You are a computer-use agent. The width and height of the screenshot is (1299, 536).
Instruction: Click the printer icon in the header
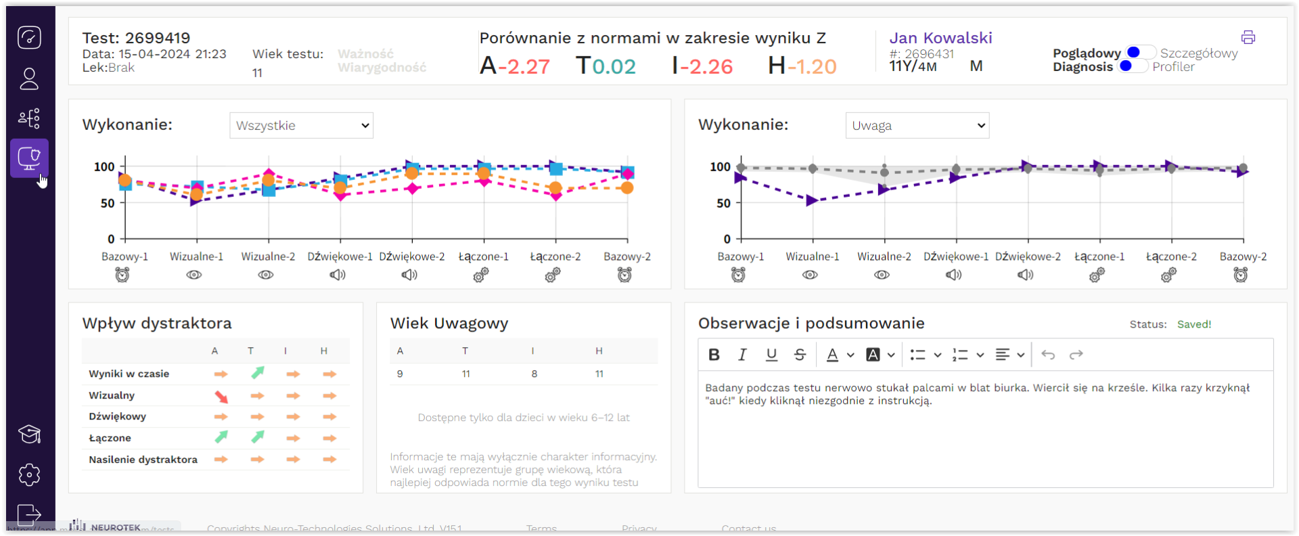click(1248, 37)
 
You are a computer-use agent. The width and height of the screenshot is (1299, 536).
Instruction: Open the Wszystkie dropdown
click(301, 125)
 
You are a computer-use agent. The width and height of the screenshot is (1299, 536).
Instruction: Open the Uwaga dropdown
click(917, 125)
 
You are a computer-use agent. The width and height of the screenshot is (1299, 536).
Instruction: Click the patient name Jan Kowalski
click(940, 38)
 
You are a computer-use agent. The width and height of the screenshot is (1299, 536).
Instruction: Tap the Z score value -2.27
click(524, 66)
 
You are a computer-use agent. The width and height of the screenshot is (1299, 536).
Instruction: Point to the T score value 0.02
click(614, 66)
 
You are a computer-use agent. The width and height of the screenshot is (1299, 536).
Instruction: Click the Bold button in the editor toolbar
click(714, 355)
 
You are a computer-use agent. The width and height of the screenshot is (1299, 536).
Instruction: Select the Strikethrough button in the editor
click(800, 355)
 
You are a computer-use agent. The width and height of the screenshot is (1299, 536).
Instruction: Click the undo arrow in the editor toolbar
click(1048, 355)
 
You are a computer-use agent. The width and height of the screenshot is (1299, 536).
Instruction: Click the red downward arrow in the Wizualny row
click(221, 397)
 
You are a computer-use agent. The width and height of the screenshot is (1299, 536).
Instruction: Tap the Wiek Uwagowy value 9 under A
click(400, 374)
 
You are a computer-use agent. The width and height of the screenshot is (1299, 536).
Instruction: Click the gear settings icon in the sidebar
click(29, 474)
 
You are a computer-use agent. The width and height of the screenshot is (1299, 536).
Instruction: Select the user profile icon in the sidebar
click(29, 79)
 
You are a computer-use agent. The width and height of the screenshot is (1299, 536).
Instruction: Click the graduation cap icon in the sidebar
click(29, 434)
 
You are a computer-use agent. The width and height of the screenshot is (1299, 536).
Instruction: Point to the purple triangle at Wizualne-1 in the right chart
click(812, 200)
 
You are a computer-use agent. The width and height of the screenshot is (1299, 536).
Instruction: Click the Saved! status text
click(1193, 324)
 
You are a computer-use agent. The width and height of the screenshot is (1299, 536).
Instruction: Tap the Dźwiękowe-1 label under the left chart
click(340, 256)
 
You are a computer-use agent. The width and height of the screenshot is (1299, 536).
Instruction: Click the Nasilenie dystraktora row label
click(143, 460)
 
